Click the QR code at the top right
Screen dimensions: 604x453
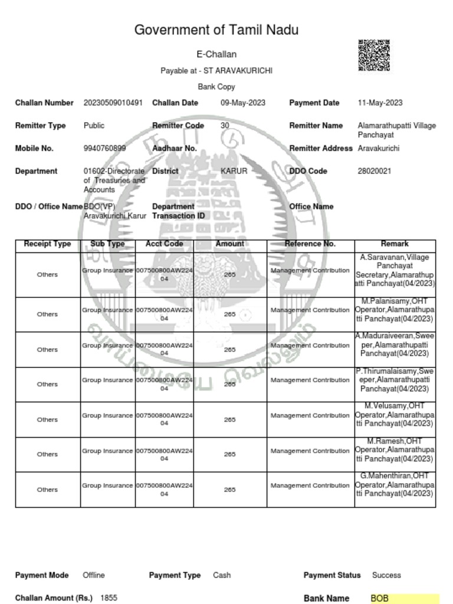pos(374,55)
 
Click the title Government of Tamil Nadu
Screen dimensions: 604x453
pos(216,30)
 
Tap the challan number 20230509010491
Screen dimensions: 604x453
pos(113,103)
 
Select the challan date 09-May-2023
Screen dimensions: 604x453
pos(243,103)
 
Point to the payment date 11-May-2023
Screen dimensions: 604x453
pos(380,103)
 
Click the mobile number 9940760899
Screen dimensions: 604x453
pos(104,149)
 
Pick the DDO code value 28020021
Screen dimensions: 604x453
pos(374,171)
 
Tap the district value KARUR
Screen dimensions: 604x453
pos(234,171)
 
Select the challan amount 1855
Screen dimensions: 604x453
pos(109,598)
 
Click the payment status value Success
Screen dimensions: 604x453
pos(386,575)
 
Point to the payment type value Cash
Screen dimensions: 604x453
pos(222,575)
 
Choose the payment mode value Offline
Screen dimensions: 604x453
pos(94,575)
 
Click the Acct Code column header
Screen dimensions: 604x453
pos(164,244)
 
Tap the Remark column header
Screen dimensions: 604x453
pos(395,244)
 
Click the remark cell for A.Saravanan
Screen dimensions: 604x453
pos(395,271)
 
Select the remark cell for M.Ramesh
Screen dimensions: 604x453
pos(395,450)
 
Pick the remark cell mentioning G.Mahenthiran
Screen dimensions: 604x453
pos(395,485)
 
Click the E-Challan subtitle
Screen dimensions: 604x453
pos(216,54)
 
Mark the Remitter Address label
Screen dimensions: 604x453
pos(320,149)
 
